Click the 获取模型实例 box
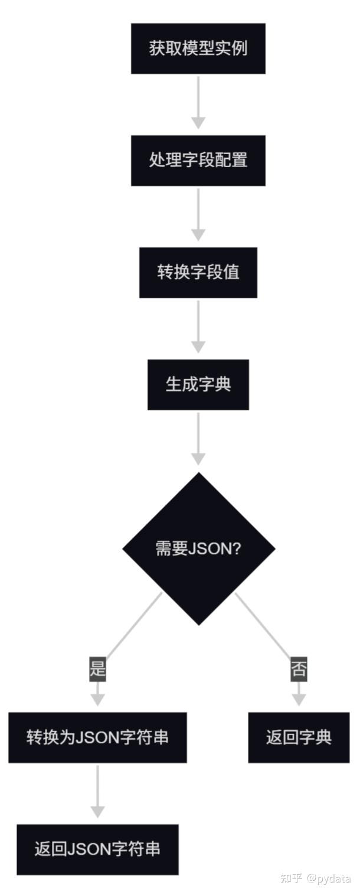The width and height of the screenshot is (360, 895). coord(198,48)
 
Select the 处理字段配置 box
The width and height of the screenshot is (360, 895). coord(198,161)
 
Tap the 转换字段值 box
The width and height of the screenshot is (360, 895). coord(198,273)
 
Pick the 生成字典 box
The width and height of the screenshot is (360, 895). coord(198,385)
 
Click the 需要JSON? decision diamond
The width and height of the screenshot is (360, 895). coord(198,548)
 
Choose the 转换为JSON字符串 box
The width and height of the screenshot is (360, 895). coord(97,737)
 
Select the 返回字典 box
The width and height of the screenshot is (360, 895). coord(299,737)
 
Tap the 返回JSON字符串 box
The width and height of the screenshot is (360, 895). coord(97,850)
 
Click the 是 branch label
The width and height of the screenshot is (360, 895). coord(97,669)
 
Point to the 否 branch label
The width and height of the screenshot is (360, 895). coord(299,669)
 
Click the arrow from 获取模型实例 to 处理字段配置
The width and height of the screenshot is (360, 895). coord(198,102)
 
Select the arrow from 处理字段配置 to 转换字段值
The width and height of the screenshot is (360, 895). coord(198,214)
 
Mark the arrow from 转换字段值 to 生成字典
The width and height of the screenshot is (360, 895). coord(198,326)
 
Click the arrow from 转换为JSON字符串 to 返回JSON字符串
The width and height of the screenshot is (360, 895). coord(97,791)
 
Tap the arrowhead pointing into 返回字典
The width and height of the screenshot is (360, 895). coord(299,699)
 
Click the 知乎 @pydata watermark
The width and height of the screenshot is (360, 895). coord(315,878)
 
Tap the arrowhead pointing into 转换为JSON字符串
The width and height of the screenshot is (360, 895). coord(97,699)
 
